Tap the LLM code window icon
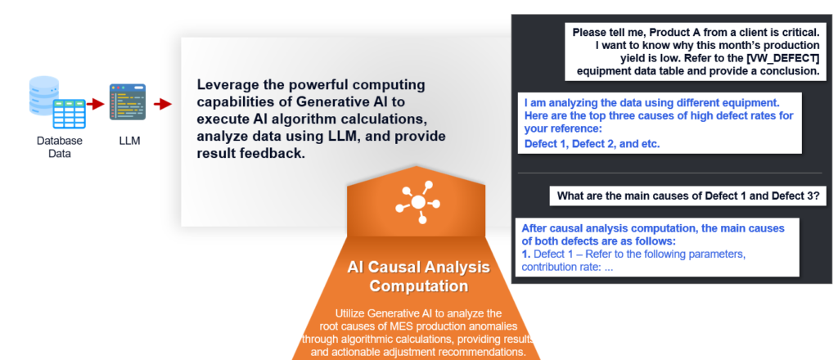coord(128,101)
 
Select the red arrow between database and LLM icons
coord(96,104)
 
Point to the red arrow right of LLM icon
coord(163,104)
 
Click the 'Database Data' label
coord(59,147)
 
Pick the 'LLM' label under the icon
coord(128,141)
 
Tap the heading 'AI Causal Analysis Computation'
coord(418,277)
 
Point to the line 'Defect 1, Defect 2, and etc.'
coord(592,143)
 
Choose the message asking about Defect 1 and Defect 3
coord(687,196)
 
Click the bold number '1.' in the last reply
coord(526,254)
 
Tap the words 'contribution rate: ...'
coord(567,267)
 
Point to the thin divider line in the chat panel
coord(669,173)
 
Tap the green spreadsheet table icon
coord(69,113)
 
